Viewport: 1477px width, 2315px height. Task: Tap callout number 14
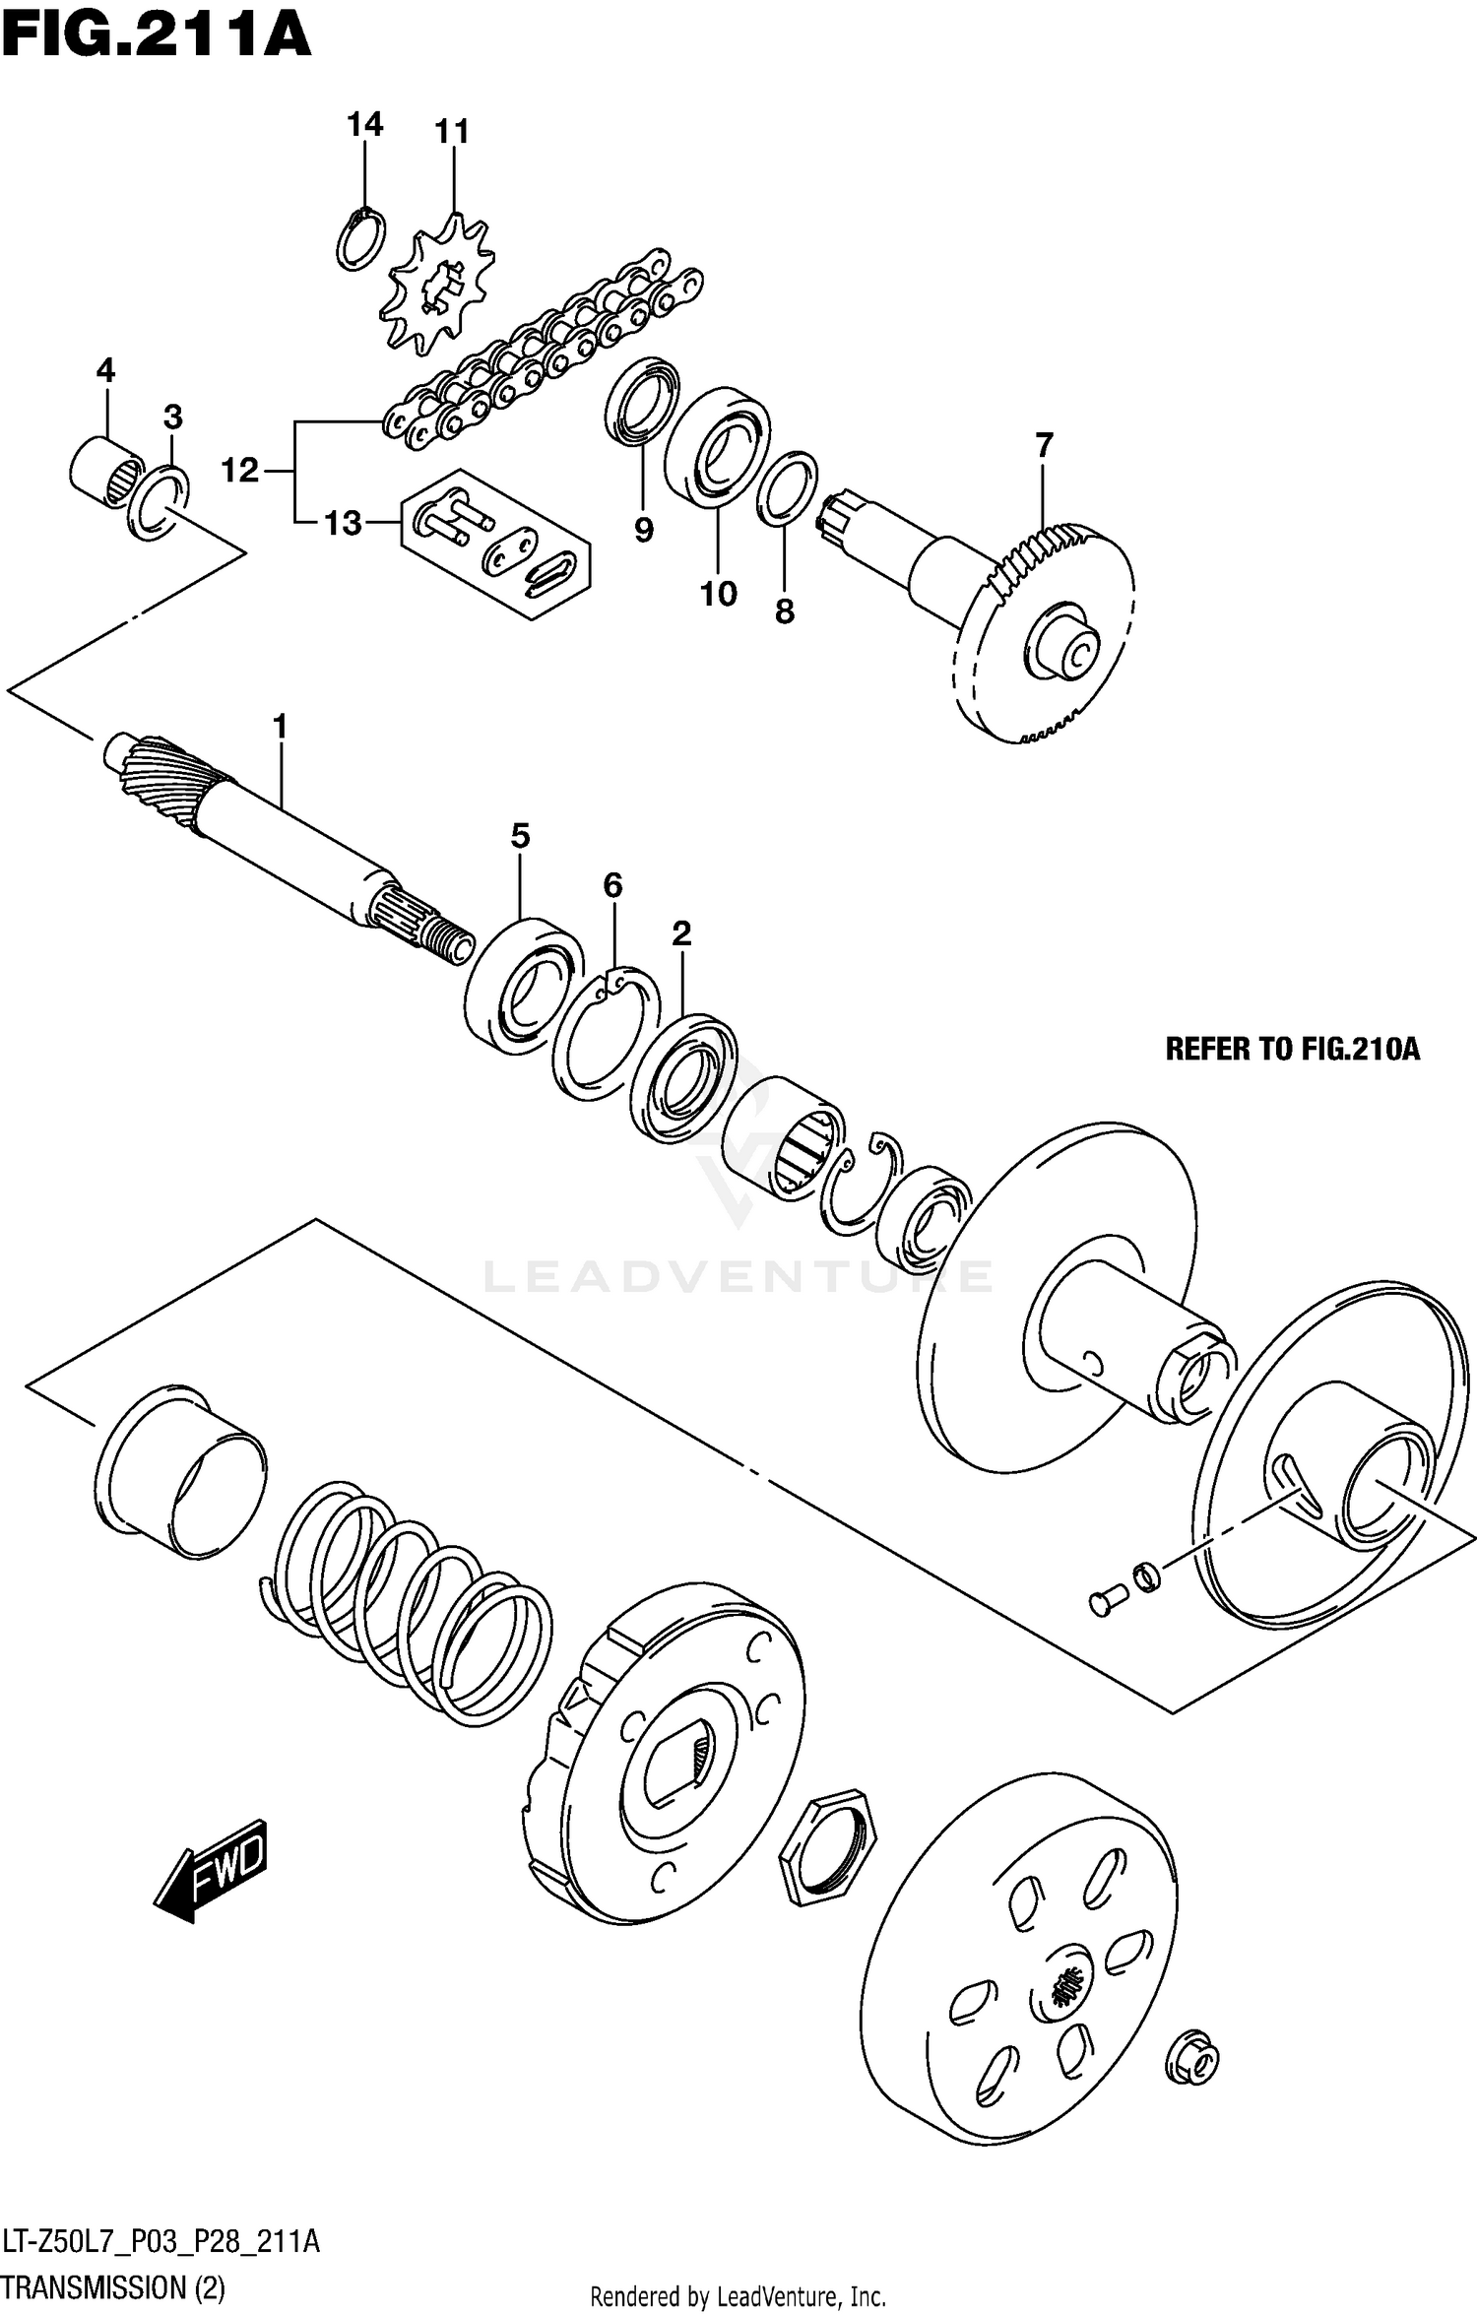[364, 125]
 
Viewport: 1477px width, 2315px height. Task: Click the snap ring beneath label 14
[360, 240]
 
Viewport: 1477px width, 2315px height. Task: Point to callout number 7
[1044, 445]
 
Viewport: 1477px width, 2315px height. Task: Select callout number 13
[344, 523]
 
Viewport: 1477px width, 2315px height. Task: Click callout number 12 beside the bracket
[239, 471]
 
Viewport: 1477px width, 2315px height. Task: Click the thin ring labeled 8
[787, 488]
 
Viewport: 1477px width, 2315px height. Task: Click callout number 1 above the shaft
[280, 727]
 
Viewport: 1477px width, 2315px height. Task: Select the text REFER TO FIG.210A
[1292, 1050]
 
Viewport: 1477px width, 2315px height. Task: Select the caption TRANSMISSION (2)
[113, 2287]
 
